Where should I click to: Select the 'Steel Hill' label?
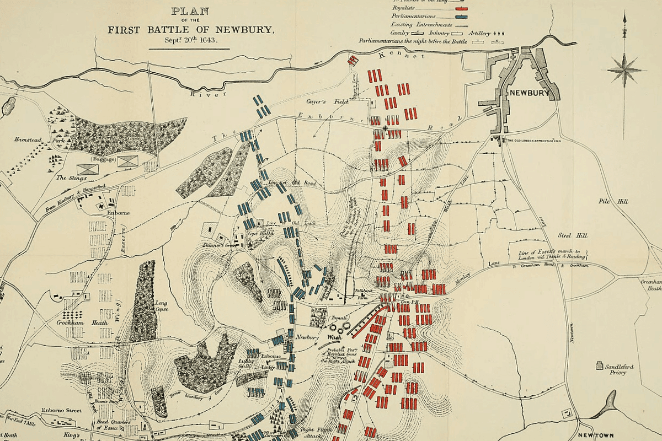(x=573, y=235)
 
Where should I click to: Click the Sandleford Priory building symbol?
(x=600, y=364)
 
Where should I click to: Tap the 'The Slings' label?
(x=68, y=178)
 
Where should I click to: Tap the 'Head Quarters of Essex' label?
(x=114, y=424)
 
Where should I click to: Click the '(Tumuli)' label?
(x=338, y=318)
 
